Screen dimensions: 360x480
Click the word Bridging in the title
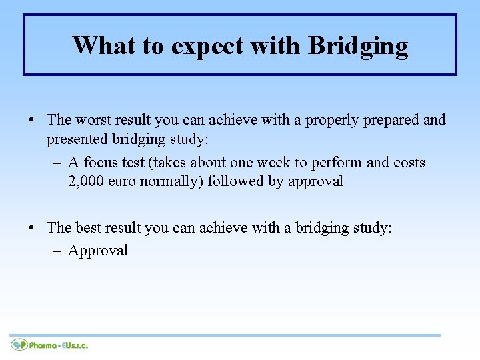358,46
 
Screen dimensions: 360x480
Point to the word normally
173,182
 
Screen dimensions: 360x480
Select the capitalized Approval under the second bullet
98,251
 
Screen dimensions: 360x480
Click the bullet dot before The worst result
33,121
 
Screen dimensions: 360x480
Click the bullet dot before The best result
33,229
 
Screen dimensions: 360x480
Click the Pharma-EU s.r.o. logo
50,345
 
